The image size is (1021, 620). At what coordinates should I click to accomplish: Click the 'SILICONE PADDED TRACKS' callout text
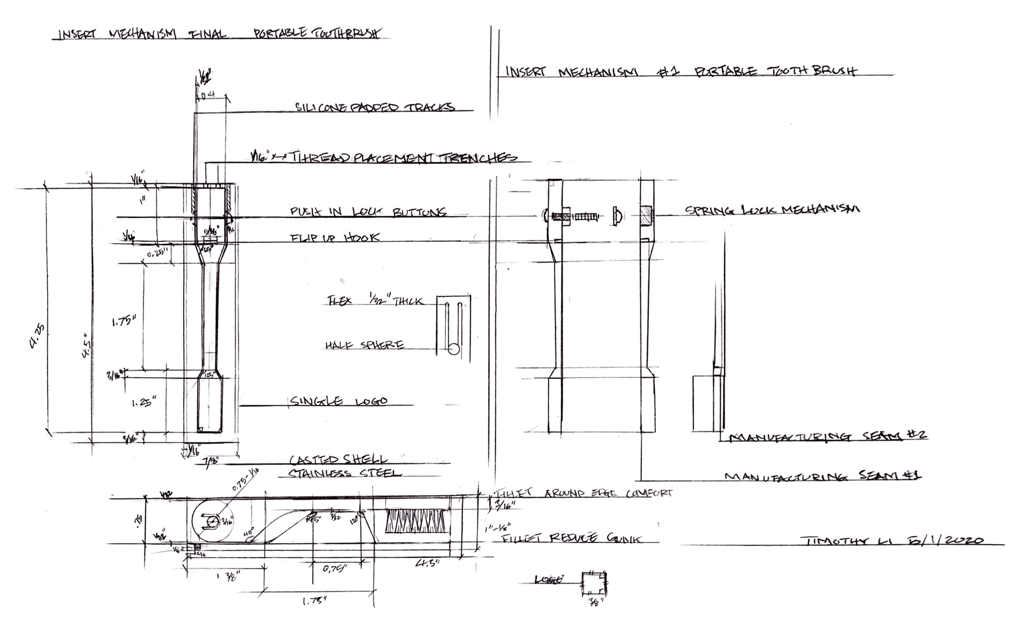(x=375, y=107)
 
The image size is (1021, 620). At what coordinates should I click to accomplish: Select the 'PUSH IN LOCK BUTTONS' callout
(x=368, y=212)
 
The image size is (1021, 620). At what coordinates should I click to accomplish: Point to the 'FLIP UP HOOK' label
(x=335, y=238)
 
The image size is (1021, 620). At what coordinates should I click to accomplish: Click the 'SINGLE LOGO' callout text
(x=339, y=402)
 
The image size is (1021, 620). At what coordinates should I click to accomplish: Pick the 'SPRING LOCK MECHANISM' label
(x=772, y=209)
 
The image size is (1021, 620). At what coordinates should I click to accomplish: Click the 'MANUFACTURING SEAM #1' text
(x=823, y=476)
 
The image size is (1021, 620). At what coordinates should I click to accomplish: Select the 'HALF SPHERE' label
(x=364, y=346)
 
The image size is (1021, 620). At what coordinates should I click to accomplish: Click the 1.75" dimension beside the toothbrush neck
(x=124, y=320)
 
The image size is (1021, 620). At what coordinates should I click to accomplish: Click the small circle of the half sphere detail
(x=453, y=348)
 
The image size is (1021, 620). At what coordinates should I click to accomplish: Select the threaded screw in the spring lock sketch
(x=586, y=216)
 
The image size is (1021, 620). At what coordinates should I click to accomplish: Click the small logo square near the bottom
(x=594, y=583)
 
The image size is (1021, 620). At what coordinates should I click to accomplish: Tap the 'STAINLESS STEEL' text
(x=345, y=473)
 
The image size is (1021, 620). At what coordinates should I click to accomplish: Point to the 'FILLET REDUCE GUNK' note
(x=571, y=538)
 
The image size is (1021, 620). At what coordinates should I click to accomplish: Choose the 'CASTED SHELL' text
(x=338, y=460)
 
